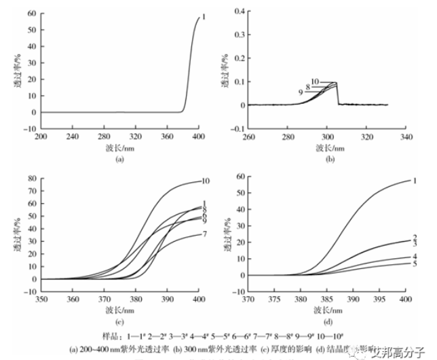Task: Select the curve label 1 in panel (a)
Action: [x=203, y=16]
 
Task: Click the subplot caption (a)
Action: [x=119, y=159]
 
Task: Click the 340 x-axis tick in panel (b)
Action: [x=405, y=136]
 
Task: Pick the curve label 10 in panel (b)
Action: [x=315, y=82]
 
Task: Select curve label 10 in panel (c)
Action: [x=205, y=181]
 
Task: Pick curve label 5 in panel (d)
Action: [x=413, y=264]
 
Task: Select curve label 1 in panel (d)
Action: [x=413, y=181]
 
